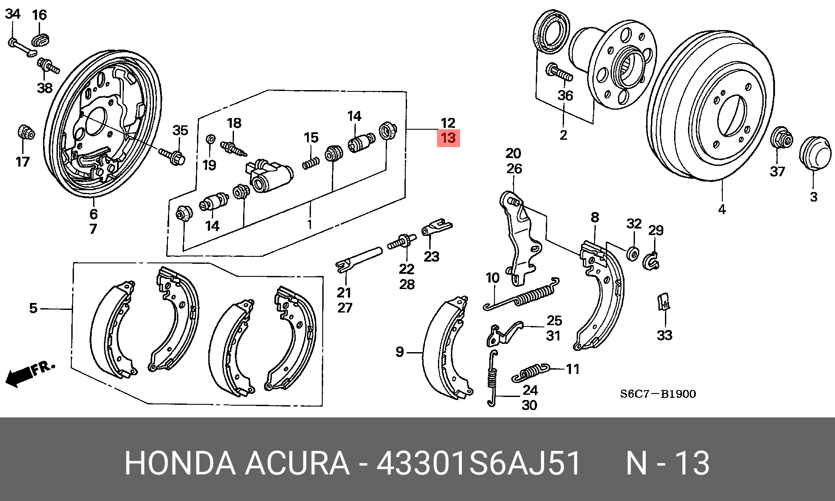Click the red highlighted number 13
[x=448, y=138]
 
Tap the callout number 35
[x=180, y=130]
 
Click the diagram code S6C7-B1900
[x=658, y=394]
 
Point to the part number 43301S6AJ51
[x=478, y=463]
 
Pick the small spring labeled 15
[x=311, y=163]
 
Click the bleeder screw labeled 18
[x=234, y=147]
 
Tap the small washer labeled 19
[x=210, y=139]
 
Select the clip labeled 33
[x=664, y=302]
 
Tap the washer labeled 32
[x=633, y=253]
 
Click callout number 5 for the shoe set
[x=33, y=308]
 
